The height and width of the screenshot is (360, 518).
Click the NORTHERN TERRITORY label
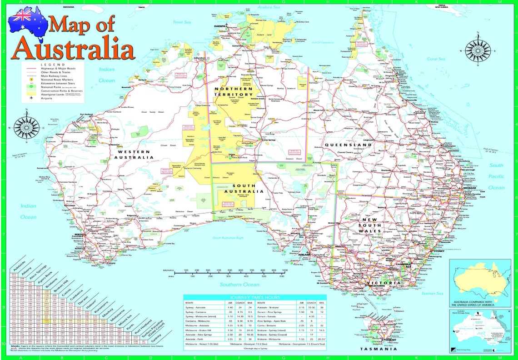(x=234, y=91)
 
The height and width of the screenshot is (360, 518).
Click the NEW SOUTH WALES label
(x=369, y=225)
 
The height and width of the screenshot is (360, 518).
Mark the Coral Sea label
(x=435, y=59)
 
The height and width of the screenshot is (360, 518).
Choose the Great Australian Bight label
(x=229, y=238)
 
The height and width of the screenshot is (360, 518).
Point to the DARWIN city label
(x=220, y=27)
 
